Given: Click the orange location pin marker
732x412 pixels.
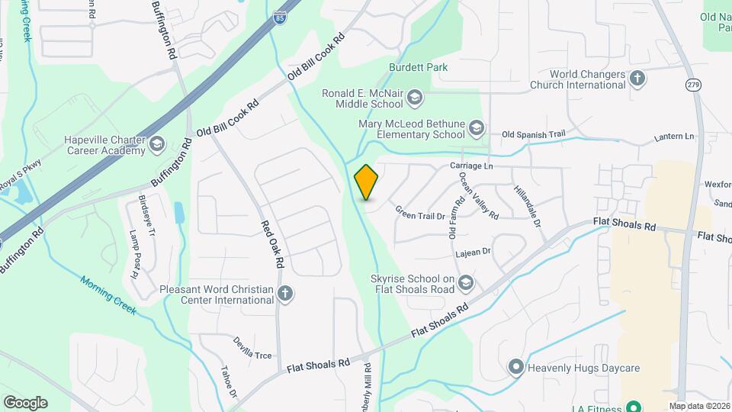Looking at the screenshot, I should click(x=366, y=182).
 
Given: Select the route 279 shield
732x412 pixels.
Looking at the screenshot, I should click(x=692, y=84).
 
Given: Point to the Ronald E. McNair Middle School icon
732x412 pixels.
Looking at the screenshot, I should click(x=415, y=97).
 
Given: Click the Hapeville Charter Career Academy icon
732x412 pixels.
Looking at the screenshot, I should click(x=157, y=143).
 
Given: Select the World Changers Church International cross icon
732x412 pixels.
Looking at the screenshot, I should click(x=637, y=78).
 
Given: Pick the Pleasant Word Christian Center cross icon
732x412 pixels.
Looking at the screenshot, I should click(x=285, y=295).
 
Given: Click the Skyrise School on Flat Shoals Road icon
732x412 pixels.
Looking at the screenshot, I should click(x=466, y=284).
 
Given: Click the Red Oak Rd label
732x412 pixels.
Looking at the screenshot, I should click(x=272, y=245).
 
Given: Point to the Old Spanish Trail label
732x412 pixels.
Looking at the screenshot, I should click(x=534, y=135).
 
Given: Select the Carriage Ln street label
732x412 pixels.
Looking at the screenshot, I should click(x=472, y=166).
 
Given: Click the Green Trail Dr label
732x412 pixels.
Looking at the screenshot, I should click(x=420, y=216).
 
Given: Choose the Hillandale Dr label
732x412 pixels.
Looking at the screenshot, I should click(x=527, y=207).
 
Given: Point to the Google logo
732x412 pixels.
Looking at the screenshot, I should click(x=25, y=403).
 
